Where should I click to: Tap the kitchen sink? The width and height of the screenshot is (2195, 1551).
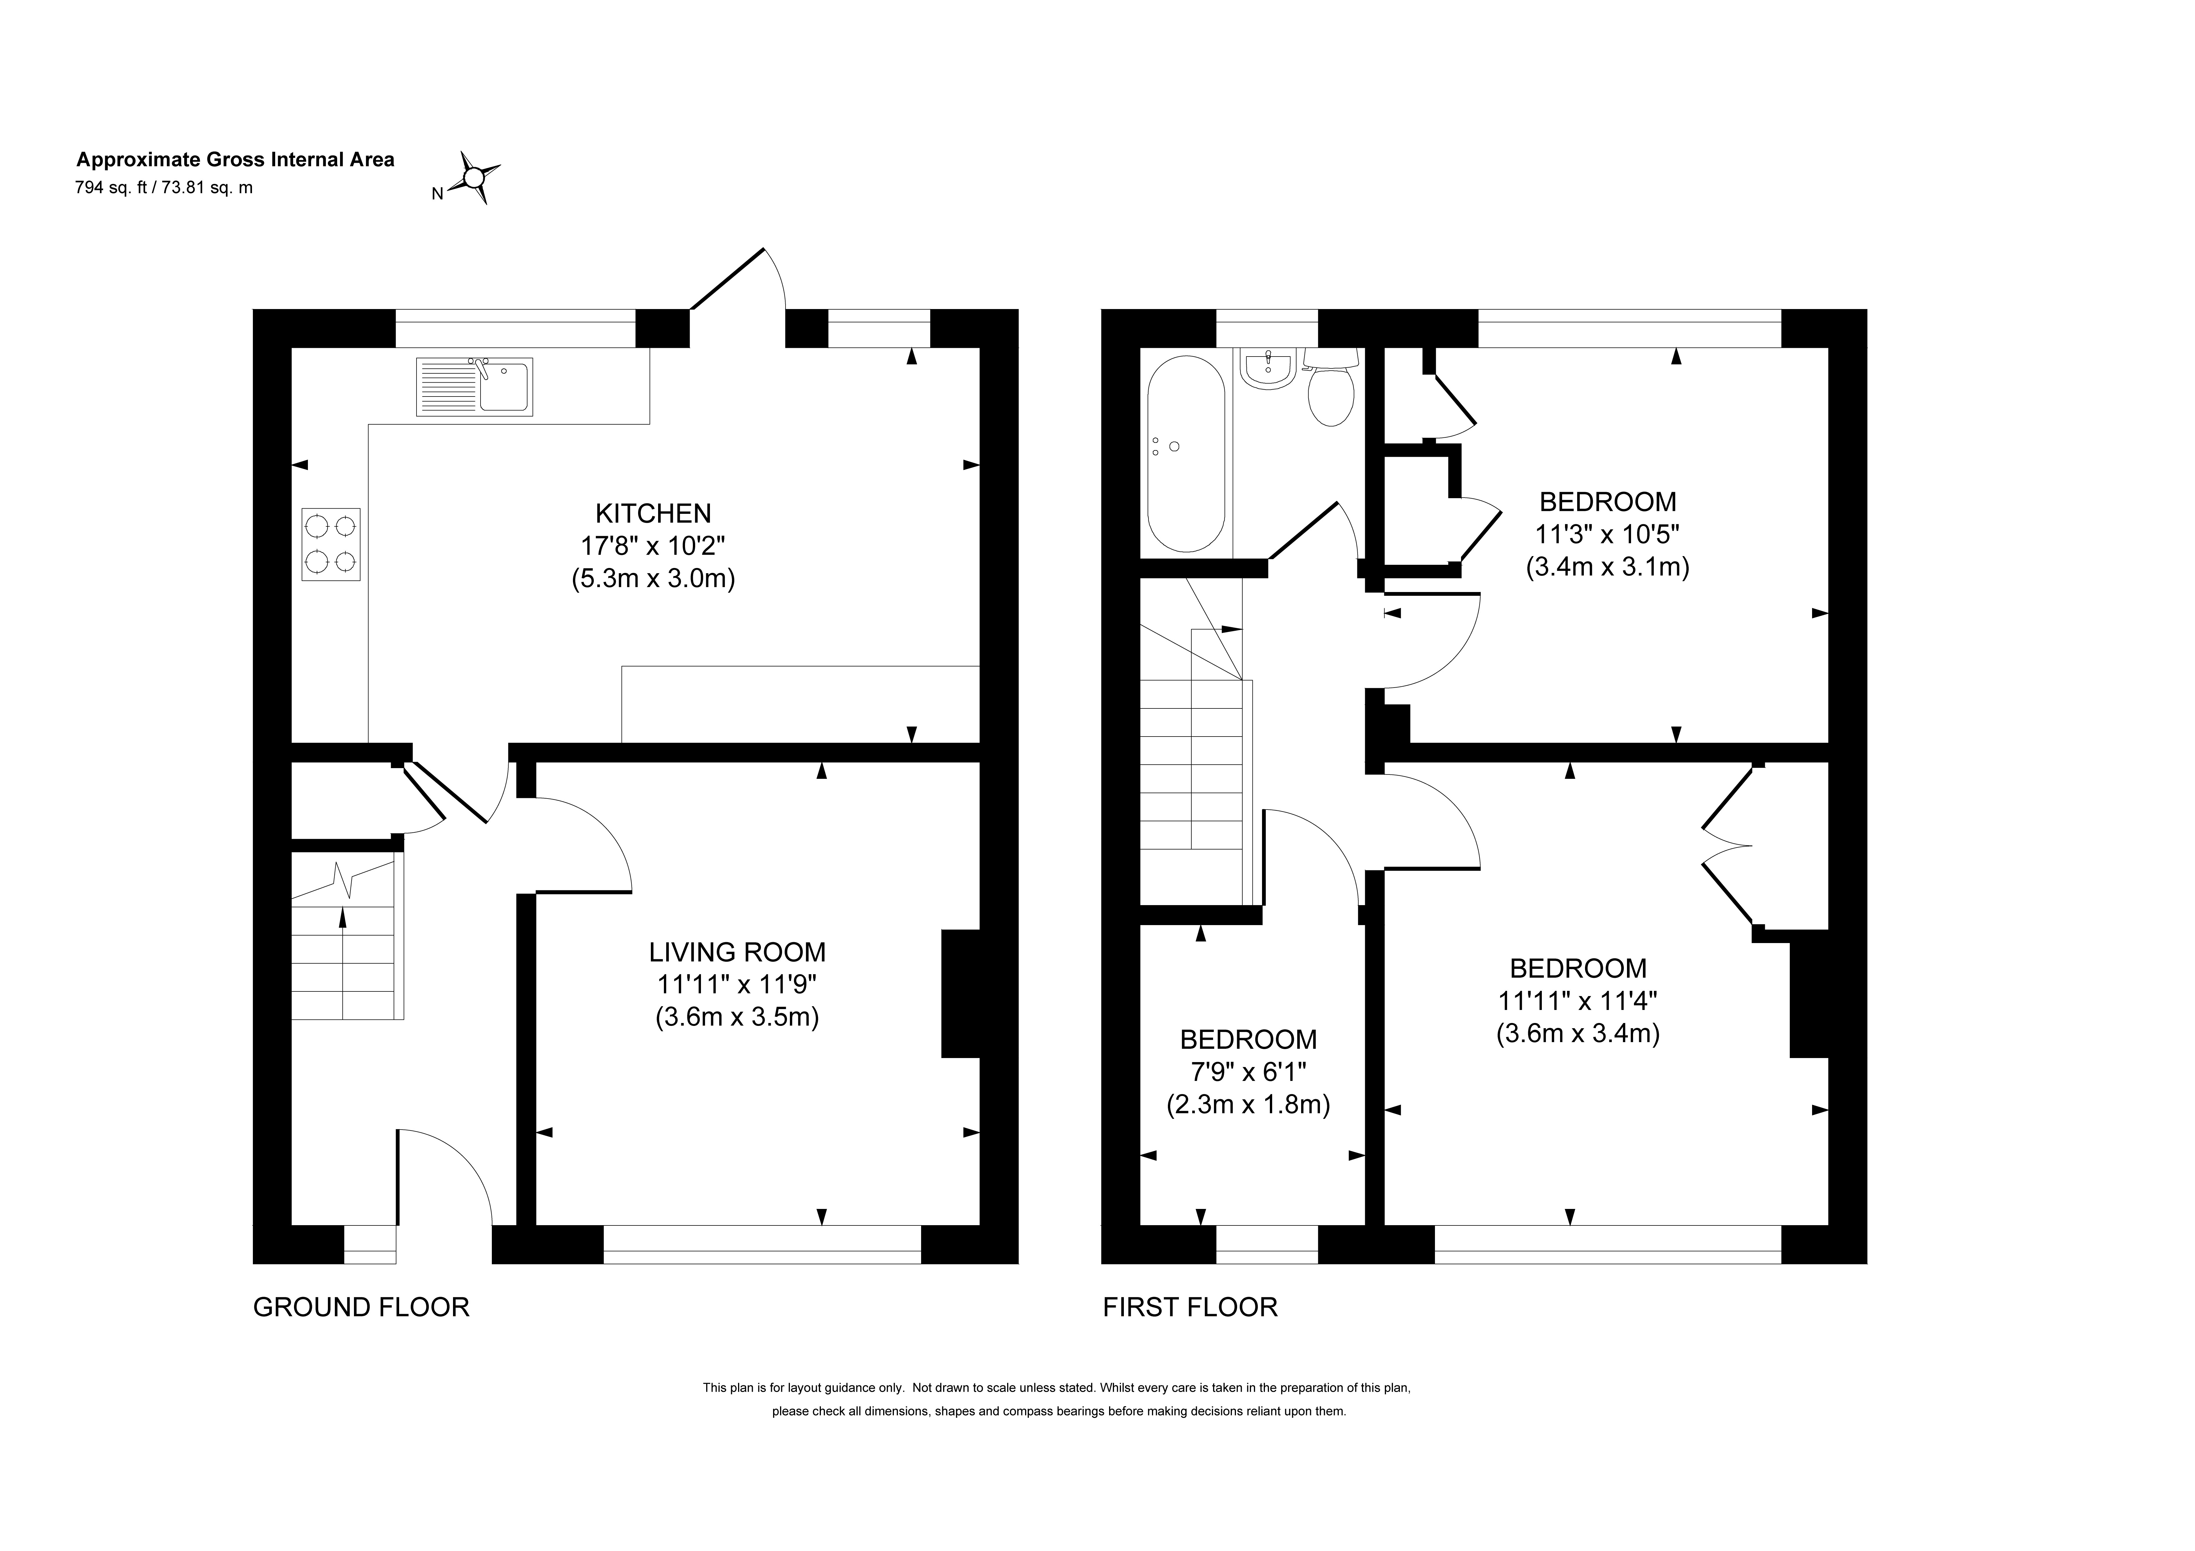pyautogui.click(x=474, y=386)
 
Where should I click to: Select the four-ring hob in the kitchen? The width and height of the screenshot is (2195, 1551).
pyautogui.click(x=331, y=544)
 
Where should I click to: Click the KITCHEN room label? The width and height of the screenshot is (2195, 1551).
pyautogui.click(x=654, y=514)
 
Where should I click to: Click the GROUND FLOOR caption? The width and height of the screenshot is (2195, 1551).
pyautogui.click(x=361, y=1307)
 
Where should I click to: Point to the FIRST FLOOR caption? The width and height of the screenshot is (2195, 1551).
pyautogui.click(x=1190, y=1307)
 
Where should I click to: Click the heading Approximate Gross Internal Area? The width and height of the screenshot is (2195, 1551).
pyautogui.click(x=235, y=160)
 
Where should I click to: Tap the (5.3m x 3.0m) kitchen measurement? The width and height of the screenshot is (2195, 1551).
pyautogui.click(x=654, y=578)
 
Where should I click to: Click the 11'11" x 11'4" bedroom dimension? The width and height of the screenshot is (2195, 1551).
pyautogui.click(x=1577, y=1001)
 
